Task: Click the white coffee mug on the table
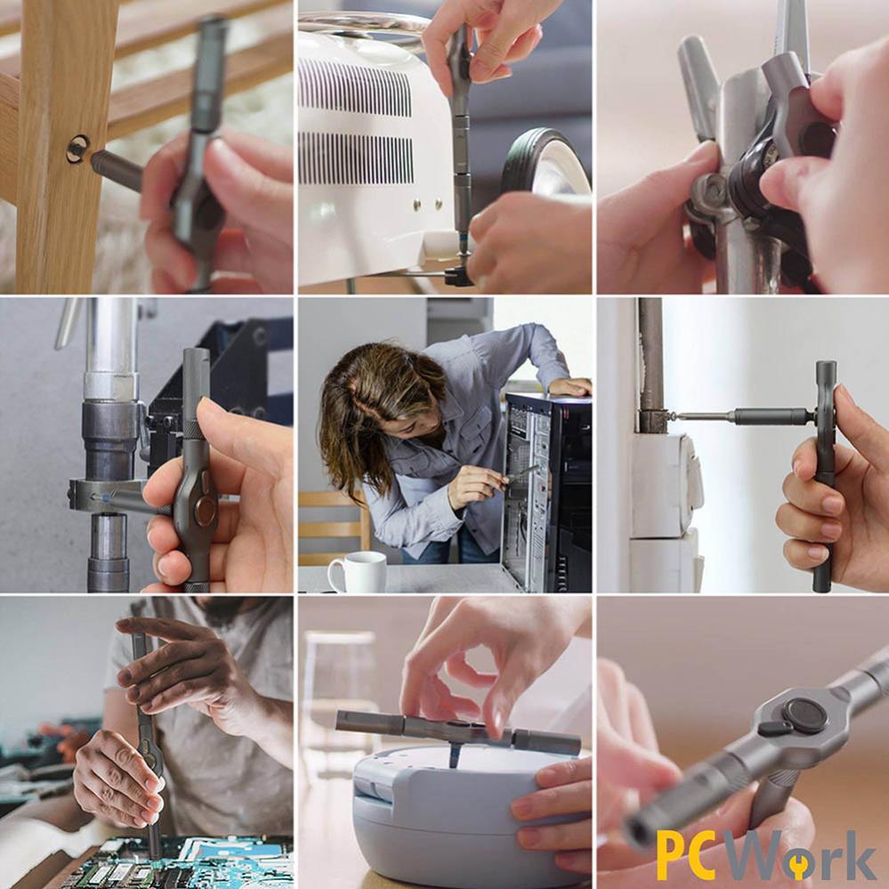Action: coord(359,571)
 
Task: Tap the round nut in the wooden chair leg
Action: coord(77,150)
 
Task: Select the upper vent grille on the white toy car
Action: coord(355,87)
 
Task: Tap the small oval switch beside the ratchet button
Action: coord(773,728)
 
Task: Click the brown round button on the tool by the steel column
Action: coord(205,511)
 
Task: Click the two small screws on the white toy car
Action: coord(428,202)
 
